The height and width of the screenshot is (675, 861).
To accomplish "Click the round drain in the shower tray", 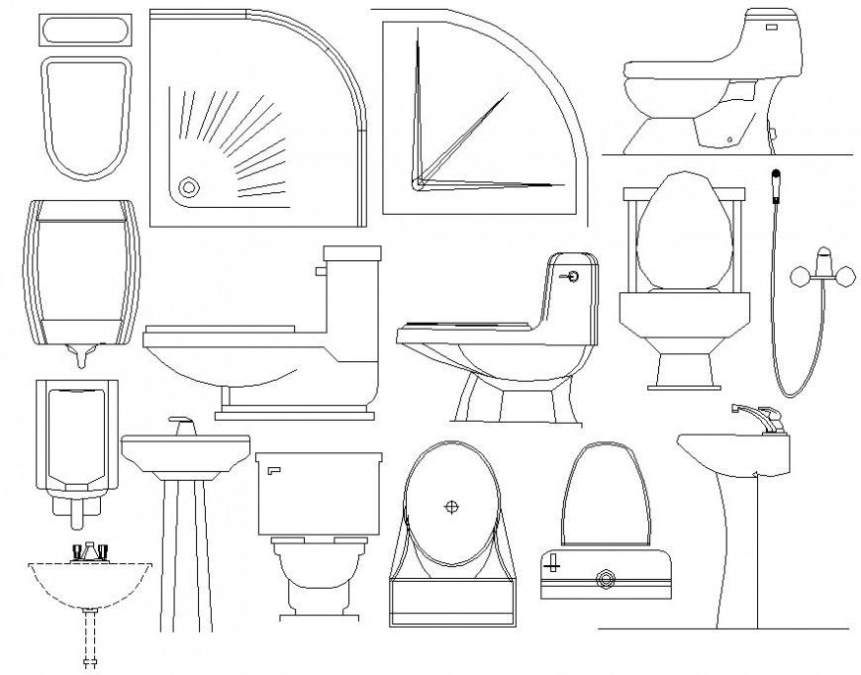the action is click(188, 185).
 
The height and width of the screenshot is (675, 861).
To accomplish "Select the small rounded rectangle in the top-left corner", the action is click(83, 30).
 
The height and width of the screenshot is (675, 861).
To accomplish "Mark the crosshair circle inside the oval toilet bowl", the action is click(451, 507).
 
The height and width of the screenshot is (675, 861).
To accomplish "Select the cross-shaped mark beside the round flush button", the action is click(553, 566).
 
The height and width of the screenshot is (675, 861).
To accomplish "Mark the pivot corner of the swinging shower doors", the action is click(419, 182).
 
